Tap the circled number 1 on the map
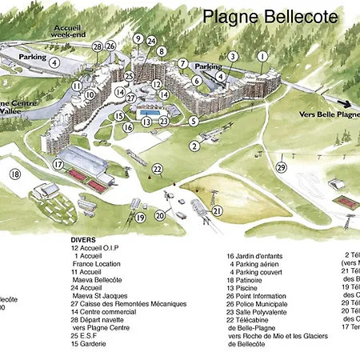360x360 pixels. point(262,56)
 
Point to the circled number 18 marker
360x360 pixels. point(15,174)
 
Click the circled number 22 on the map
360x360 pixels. point(158,169)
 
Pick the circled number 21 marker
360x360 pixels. point(217,211)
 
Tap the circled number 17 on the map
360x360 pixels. point(58,164)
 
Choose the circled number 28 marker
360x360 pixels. point(98,47)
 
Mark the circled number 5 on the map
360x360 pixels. point(194,121)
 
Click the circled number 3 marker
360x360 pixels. point(233,57)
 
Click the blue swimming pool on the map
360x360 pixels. point(146,114)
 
